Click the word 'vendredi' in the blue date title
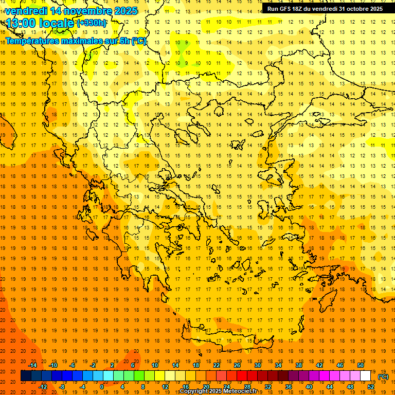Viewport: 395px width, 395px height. pos(26,11)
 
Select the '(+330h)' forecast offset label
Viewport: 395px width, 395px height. pos(92,23)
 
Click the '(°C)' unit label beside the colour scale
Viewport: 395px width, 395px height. pos(383,376)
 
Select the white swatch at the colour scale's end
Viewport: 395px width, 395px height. pos(365,376)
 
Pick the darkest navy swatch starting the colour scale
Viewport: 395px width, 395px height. pos(26,376)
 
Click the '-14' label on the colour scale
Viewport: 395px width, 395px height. pos(32,365)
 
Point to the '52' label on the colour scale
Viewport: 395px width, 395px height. pos(371,387)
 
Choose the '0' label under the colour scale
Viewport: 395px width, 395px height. pos(101,387)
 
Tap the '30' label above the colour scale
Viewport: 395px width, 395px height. pos(258,365)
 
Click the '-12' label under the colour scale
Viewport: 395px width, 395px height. pos(43,387)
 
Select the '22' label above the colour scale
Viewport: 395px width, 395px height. pos(217,365)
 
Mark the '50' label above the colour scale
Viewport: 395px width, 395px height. pos(361,365)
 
